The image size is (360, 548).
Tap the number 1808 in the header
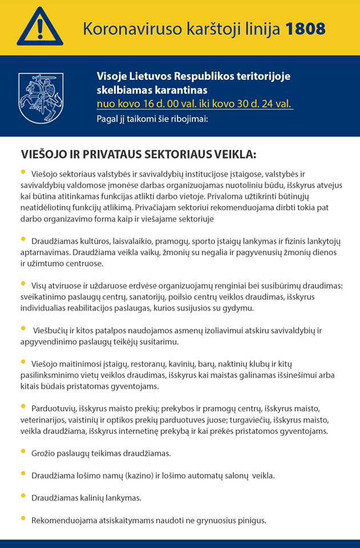tap(305, 29)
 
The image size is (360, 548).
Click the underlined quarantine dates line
tap(195, 104)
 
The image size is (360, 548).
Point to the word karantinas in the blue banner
tap(180, 90)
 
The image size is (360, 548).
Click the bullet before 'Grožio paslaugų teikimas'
tap(23, 452)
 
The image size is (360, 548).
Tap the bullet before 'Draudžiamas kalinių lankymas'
tap(23, 496)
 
